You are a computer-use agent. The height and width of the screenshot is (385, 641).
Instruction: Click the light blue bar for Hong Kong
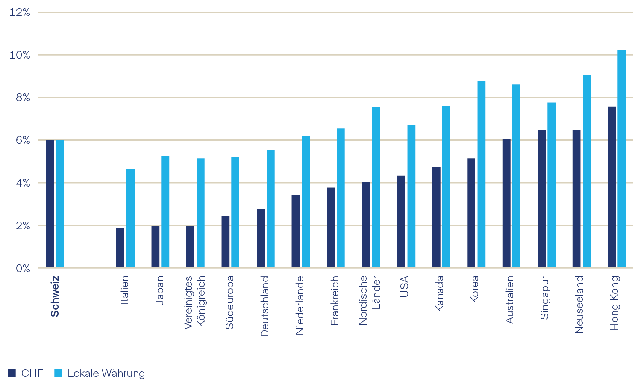coord(621,159)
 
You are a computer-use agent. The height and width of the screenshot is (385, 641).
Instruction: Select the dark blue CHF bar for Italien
coord(120,248)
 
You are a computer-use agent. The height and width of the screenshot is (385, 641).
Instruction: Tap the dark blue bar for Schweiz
coord(50,204)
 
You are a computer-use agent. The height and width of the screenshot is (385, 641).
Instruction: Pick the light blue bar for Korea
coord(481,175)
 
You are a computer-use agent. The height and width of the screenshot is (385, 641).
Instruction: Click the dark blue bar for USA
coord(401,222)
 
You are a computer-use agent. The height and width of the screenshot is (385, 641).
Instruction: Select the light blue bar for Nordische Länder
coord(376,187)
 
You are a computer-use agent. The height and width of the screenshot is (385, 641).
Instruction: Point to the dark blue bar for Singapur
coord(541,199)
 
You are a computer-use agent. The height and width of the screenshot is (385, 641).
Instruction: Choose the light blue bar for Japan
coord(165,212)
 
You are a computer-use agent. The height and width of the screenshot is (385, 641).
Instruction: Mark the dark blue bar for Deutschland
coord(261,238)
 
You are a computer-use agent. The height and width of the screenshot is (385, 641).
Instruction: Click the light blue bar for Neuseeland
coord(587,171)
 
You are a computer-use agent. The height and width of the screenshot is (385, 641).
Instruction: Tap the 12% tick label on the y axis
coord(20,12)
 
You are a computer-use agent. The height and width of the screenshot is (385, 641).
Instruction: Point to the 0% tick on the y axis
coord(23,268)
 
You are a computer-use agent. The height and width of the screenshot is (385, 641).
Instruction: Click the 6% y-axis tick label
coord(23,140)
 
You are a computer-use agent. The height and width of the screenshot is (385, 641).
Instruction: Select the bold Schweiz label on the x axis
coord(55,296)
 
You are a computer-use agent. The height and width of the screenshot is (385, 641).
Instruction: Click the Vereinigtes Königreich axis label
coord(195,302)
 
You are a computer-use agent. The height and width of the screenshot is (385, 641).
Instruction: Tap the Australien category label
coord(509,299)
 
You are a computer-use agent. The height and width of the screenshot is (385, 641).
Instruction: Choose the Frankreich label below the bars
coord(335,300)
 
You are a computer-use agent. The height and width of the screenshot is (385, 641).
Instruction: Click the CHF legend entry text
coord(32,373)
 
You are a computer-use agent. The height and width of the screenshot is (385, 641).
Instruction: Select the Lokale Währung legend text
coord(106,373)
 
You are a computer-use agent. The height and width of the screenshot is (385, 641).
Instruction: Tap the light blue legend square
coord(59,373)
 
